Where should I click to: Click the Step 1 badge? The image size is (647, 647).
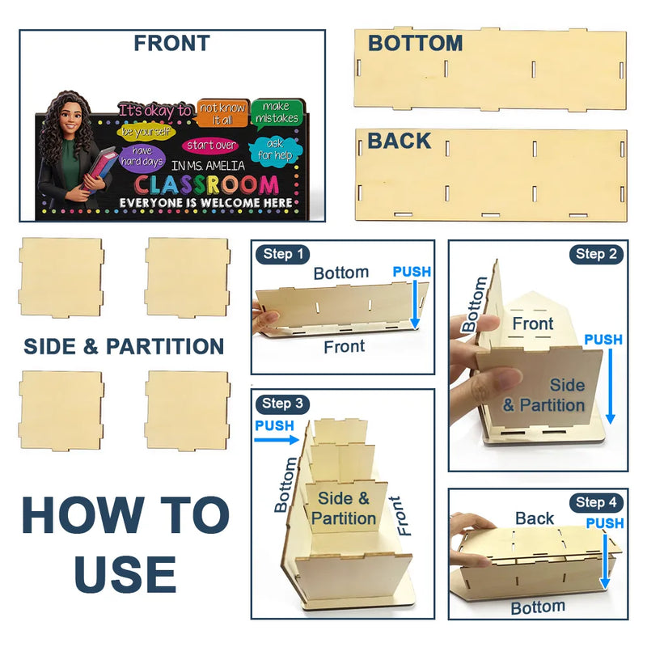(x=282, y=254)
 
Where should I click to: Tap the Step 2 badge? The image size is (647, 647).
(x=596, y=254)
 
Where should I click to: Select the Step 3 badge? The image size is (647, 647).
(x=282, y=403)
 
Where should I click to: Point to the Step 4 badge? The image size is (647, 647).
(x=596, y=502)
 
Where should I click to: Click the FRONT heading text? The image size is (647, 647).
(x=172, y=44)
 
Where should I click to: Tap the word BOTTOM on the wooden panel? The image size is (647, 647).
(x=415, y=44)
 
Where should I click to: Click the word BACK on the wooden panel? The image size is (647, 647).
(x=399, y=141)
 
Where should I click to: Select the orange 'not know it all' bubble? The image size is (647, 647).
(x=223, y=113)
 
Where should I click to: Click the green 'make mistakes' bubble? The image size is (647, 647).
(x=277, y=112)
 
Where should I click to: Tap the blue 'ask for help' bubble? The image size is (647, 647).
(x=274, y=150)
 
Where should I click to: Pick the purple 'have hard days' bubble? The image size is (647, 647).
(x=142, y=156)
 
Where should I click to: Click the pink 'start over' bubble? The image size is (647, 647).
(x=211, y=146)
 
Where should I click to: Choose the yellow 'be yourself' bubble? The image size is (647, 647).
(x=146, y=132)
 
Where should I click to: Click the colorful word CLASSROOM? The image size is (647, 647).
(x=207, y=185)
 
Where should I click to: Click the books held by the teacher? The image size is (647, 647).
(x=99, y=170)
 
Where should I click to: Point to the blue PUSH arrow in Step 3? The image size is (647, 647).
(x=277, y=440)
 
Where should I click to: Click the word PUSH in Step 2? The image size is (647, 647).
(x=603, y=340)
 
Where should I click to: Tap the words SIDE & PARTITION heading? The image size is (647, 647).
(x=124, y=346)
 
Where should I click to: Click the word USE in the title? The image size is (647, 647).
(x=125, y=574)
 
